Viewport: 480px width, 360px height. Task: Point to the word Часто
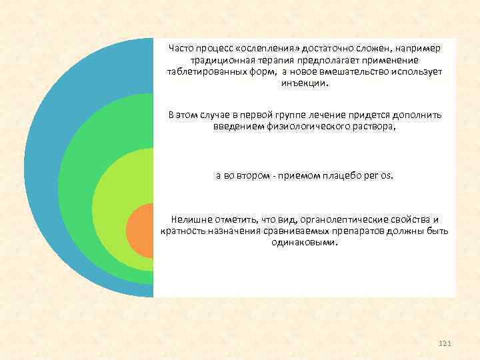[181, 48]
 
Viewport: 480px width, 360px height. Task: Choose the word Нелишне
[191, 219]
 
